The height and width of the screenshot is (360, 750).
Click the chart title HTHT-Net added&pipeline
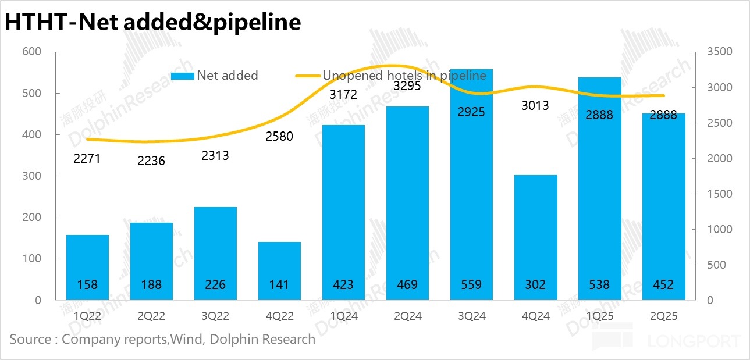point(153,22)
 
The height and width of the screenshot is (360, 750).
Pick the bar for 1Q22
point(87,262)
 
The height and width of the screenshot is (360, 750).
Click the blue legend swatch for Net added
point(183,76)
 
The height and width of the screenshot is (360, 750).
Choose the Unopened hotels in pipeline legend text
point(404,76)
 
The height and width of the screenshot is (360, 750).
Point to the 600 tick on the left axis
point(32,52)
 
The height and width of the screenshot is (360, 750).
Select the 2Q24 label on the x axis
point(407,316)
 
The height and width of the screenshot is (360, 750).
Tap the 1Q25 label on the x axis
point(599,316)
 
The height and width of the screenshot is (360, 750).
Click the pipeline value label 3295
point(407,86)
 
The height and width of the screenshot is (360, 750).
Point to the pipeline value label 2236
point(151,161)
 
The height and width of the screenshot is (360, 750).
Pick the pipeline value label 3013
point(535,105)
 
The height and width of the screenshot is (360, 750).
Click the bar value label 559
point(471,285)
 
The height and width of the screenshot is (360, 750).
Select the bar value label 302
point(535,285)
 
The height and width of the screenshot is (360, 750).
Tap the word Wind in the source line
point(185,339)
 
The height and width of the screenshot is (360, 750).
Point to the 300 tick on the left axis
point(32,176)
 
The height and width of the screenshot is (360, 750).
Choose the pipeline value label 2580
point(279,137)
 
